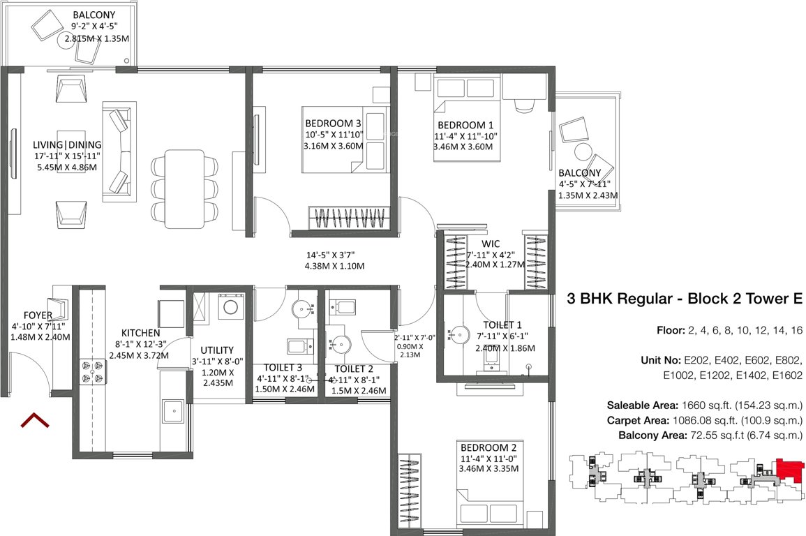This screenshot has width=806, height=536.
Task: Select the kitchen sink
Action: click(172, 411)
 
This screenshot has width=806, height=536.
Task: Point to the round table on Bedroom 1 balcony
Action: click(583, 152)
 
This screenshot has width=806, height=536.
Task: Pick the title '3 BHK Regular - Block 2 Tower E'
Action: click(685, 299)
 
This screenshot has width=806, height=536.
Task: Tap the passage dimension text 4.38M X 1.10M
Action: click(334, 266)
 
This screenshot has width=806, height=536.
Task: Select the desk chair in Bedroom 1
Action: click(523, 105)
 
